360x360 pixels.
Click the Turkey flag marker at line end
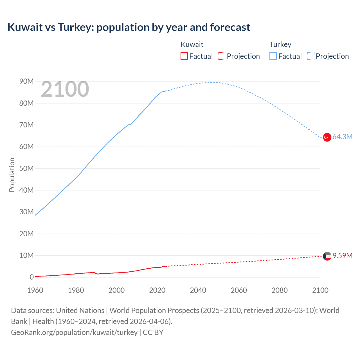(327, 137)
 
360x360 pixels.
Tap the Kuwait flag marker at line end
(327, 256)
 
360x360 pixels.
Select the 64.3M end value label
(342, 137)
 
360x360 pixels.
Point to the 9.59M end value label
(342, 256)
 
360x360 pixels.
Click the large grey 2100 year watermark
(65, 89)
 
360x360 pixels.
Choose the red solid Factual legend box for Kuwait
(184, 56)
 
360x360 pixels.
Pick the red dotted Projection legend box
(222, 56)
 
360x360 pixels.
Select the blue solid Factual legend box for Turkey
(273, 56)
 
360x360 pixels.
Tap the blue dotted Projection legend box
(311, 56)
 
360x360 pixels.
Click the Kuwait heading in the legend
(192, 44)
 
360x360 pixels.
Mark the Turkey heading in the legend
(280, 44)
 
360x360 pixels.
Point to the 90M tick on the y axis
(26, 82)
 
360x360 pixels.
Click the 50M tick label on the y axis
(26, 168)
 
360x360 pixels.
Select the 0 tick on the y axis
(31, 277)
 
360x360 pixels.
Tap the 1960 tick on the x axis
(35, 290)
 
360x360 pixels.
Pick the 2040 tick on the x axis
(198, 290)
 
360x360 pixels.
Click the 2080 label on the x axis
(280, 290)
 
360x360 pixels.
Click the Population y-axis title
(12, 175)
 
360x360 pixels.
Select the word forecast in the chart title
(230, 27)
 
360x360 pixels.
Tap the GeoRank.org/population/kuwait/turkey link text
(74, 332)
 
